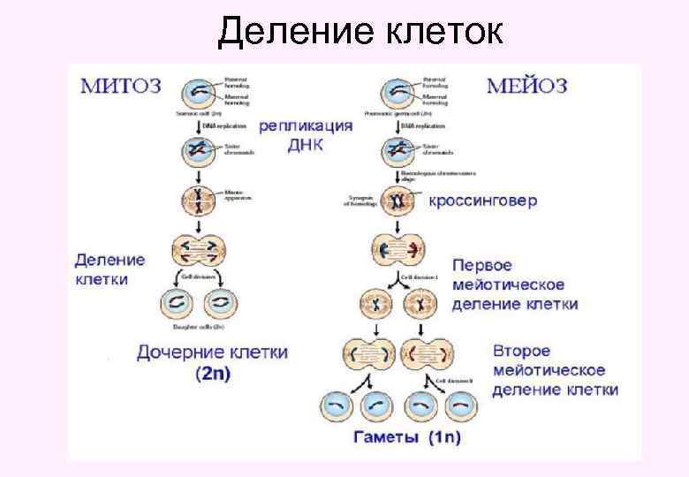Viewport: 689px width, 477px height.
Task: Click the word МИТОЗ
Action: coord(122,87)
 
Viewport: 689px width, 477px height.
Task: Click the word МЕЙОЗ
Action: coord(527,87)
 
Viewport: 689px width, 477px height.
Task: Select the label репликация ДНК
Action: coord(306,135)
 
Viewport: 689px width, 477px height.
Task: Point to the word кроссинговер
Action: coord(482,201)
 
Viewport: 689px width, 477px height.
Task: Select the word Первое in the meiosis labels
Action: coord(482,265)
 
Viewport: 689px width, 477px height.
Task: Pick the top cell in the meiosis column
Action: coord(397,93)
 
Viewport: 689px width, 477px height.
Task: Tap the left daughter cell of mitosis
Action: coord(177,305)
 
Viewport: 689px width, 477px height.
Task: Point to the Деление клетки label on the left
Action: coord(110,269)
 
